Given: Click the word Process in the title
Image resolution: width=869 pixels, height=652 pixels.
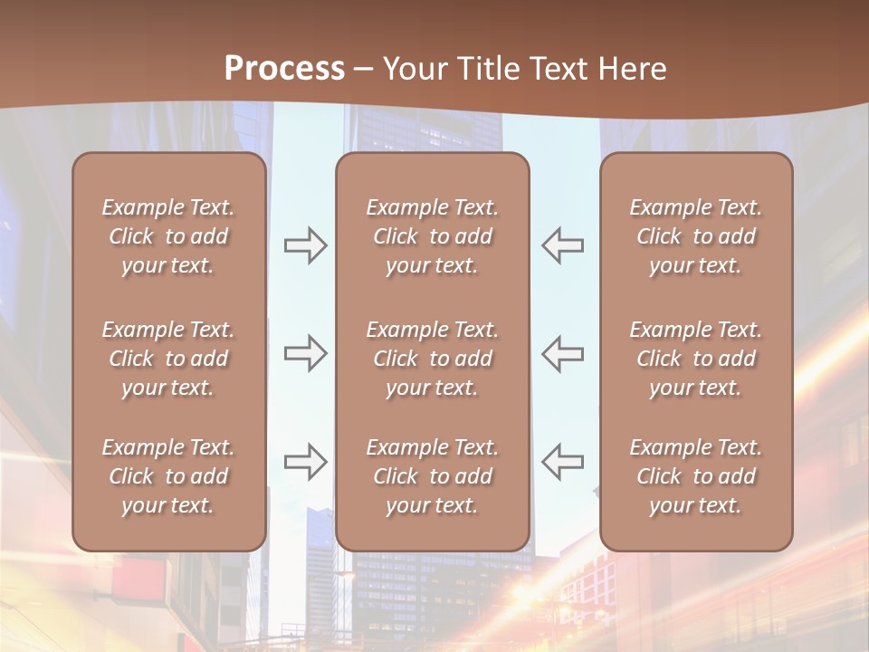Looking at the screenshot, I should point(284,69).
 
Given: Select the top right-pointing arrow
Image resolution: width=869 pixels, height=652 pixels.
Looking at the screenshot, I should point(305,245).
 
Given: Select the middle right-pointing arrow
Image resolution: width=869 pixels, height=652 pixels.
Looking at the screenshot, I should point(305,353).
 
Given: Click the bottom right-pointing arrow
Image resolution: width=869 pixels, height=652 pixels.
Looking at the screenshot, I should point(305,461).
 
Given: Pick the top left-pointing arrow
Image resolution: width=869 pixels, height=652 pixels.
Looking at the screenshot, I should point(562,245).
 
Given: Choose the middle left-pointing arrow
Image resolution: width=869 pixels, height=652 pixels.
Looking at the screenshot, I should point(562,353).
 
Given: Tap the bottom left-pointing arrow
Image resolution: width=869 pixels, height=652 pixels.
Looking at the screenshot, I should point(562,461).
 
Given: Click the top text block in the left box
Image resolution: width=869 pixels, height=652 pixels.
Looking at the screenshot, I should point(168,236).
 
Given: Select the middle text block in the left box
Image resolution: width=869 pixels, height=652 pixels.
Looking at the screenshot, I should point(168,359).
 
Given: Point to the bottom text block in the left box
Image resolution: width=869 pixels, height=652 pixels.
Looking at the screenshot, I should point(168,476).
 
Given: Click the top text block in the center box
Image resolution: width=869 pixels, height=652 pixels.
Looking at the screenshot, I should point(432,236).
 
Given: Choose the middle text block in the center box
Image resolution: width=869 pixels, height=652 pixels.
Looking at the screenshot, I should point(432,359).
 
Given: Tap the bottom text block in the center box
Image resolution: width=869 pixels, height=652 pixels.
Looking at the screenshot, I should point(432,476).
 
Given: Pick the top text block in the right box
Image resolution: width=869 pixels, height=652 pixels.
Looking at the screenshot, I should point(695,236).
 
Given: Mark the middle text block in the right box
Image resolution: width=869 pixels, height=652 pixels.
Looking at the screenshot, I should point(695,359).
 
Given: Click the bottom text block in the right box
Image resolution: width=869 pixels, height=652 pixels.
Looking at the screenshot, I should point(695,476).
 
